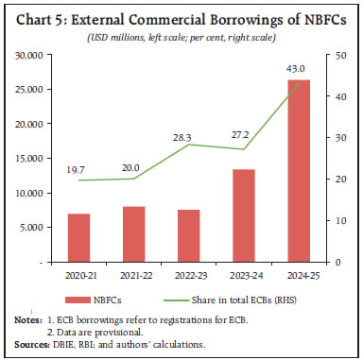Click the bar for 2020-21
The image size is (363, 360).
click(x=79, y=238)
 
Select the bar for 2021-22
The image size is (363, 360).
click(x=133, y=234)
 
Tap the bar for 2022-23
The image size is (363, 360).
click(x=188, y=235)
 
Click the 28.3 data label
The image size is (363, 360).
click(x=188, y=134)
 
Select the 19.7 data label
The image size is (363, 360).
click(x=79, y=168)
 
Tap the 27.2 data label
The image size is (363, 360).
click(x=242, y=138)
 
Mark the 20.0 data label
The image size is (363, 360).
click(x=133, y=166)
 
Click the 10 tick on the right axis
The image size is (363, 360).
click(x=329, y=220)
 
